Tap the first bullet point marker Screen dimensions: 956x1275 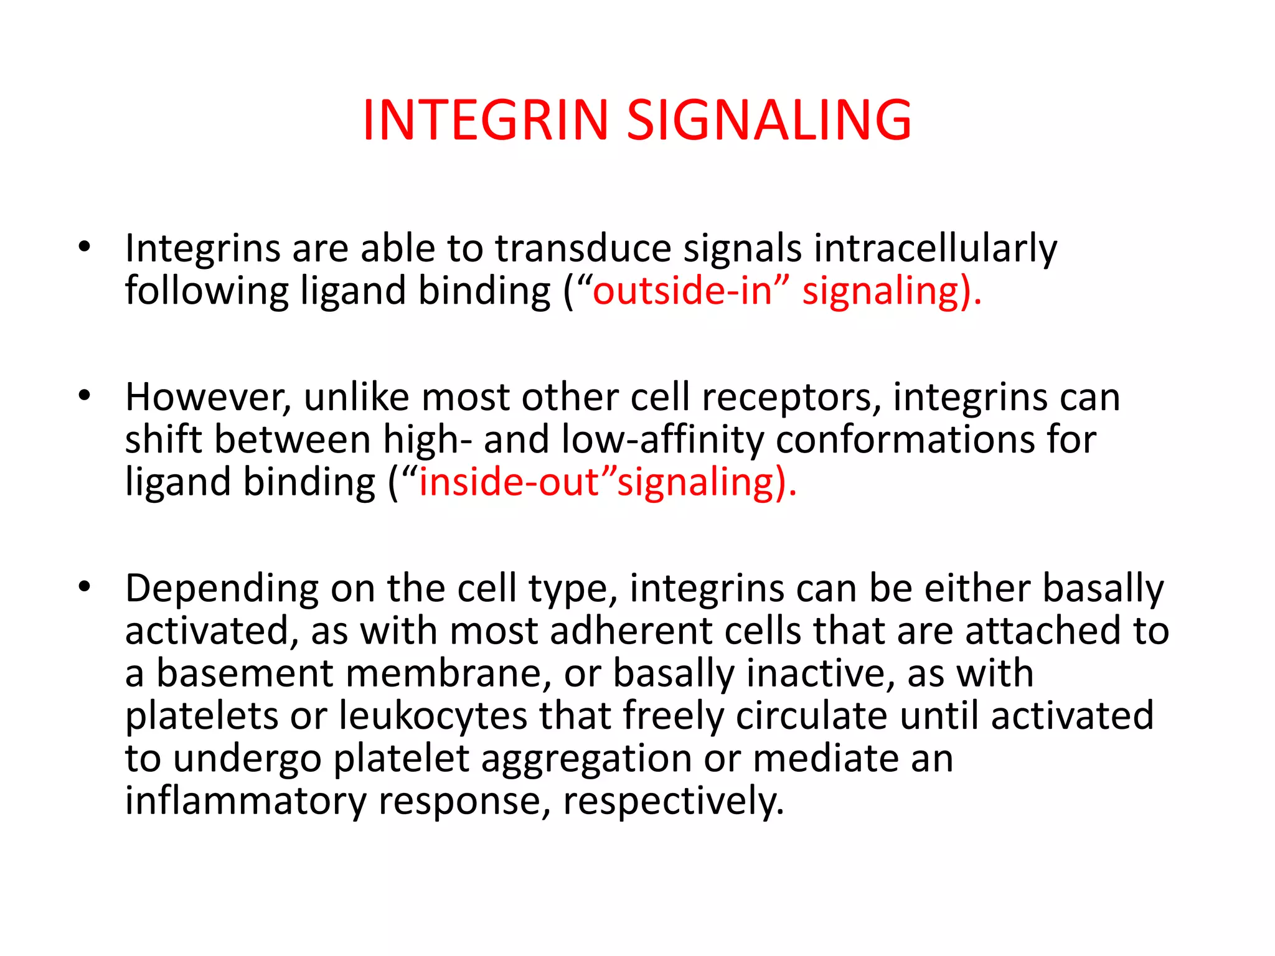point(85,248)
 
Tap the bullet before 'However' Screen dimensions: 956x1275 point(85,396)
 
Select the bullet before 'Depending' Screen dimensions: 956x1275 point(85,586)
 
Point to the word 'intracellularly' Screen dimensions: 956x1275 point(934,248)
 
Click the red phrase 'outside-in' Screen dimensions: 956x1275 point(682,291)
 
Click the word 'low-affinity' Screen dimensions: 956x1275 point(662,440)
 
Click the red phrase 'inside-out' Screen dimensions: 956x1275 point(509,482)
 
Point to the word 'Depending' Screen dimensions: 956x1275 point(222,589)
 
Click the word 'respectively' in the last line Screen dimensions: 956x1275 point(669,801)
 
